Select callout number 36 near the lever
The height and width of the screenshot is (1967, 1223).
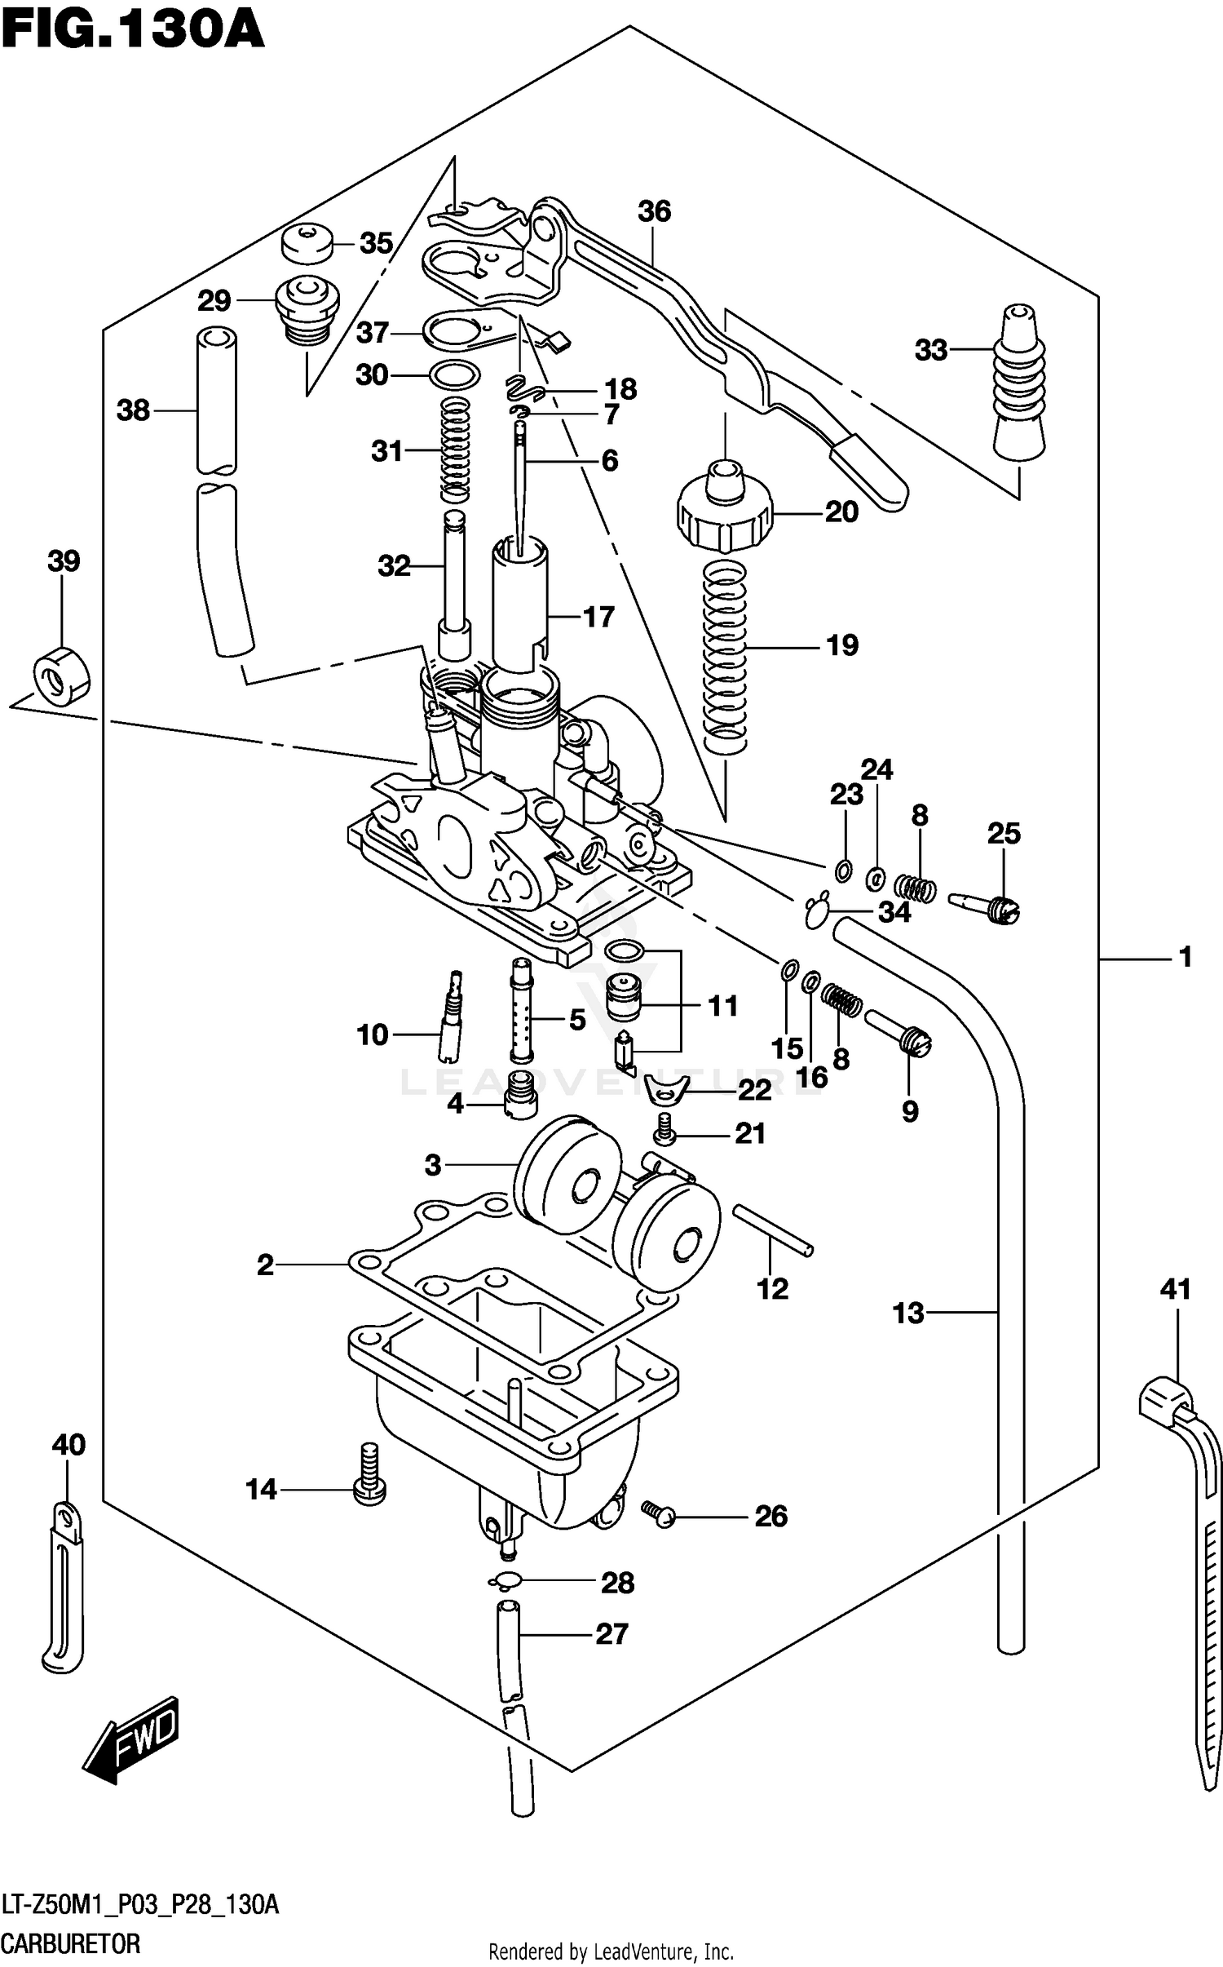(x=653, y=211)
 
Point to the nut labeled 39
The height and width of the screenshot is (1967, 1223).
(x=61, y=673)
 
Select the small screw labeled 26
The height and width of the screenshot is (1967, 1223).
(x=659, y=1514)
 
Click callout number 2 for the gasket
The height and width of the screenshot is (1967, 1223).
(x=265, y=1265)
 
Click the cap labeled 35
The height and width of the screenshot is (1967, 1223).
(x=307, y=242)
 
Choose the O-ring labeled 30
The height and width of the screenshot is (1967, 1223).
(x=454, y=375)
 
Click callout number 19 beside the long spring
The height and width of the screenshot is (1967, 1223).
(x=841, y=645)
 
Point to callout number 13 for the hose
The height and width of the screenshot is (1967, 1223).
(x=907, y=1313)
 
